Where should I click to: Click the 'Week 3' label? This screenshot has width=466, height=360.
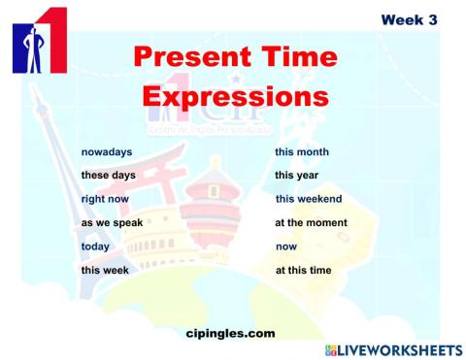click(x=409, y=19)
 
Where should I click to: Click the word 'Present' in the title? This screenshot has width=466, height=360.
click(x=187, y=57)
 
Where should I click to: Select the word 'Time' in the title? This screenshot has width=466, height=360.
click(x=294, y=57)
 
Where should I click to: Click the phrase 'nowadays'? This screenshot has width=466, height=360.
click(x=107, y=152)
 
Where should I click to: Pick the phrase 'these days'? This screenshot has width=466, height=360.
click(x=108, y=176)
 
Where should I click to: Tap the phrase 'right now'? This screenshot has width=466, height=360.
click(x=106, y=199)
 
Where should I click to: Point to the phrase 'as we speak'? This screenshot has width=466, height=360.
click(x=112, y=222)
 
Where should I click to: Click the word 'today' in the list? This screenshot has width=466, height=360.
click(x=95, y=246)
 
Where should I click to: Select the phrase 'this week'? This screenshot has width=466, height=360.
click(x=105, y=270)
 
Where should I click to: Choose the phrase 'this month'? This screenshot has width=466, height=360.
click(x=301, y=152)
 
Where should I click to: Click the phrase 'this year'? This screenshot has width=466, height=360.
click(x=296, y=176)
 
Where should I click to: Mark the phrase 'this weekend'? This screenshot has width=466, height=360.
click(x=308, y=199)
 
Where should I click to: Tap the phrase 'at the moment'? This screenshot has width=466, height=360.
click(x=311, y=222)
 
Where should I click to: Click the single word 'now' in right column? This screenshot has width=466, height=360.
click(x=285, y=246)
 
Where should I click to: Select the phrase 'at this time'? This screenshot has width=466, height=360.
click(x=304, y=270)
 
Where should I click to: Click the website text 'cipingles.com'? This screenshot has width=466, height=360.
click(x=229, y=333)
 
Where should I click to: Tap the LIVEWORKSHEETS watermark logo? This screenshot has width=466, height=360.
click(x=392, y=349)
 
